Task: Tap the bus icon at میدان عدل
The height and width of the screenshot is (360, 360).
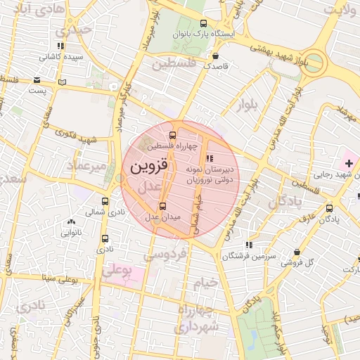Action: pos(163,206)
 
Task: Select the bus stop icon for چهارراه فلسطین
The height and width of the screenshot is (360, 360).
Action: pos(173,135)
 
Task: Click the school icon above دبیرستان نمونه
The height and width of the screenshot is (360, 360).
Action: pos(209,159)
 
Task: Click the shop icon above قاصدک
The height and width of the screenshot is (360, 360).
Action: pos(215,55)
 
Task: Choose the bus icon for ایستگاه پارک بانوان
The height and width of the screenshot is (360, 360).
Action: pos(204,22)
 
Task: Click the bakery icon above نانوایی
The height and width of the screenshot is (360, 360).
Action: pos(70,222)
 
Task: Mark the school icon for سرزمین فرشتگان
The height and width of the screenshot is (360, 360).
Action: pos(248,245)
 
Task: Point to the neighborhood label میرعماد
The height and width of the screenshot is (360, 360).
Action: pos(86,165)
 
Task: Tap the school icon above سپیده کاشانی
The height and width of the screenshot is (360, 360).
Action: pos(61,46)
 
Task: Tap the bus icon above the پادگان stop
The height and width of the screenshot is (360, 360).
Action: pos(330,208)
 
